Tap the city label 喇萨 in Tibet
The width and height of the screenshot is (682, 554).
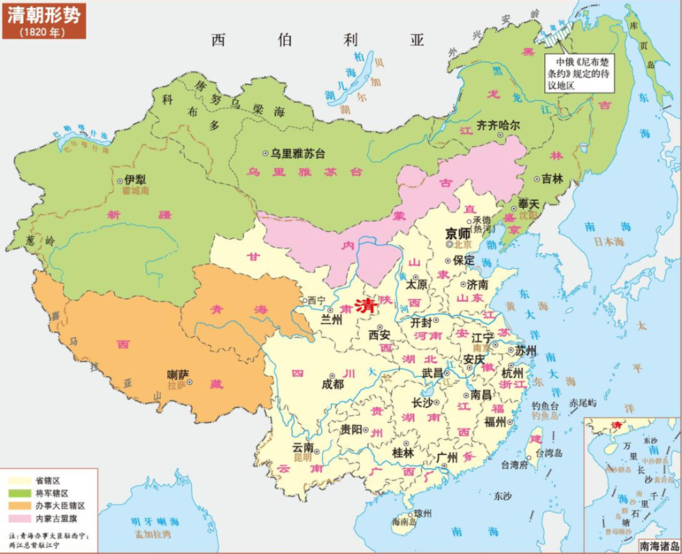pyautogui.click(x=178, y=374)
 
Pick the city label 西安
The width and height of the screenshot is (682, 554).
pyautogui.click(x=379, y=335)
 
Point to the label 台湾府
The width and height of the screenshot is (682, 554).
pyautogui.click(x=514, y=465)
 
